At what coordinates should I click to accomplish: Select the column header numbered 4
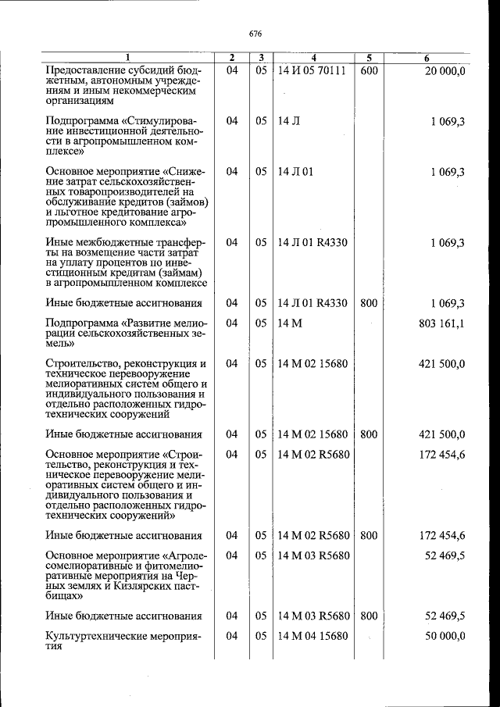[x=312, y=58]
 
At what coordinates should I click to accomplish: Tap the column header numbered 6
[x=426, y=58]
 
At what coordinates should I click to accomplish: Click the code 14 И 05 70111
[x=312, y=71]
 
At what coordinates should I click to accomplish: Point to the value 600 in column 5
[x=369, y=71]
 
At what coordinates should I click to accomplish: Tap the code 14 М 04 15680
[x=312, y=636]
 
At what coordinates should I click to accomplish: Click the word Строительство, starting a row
[x=83, y=363]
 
